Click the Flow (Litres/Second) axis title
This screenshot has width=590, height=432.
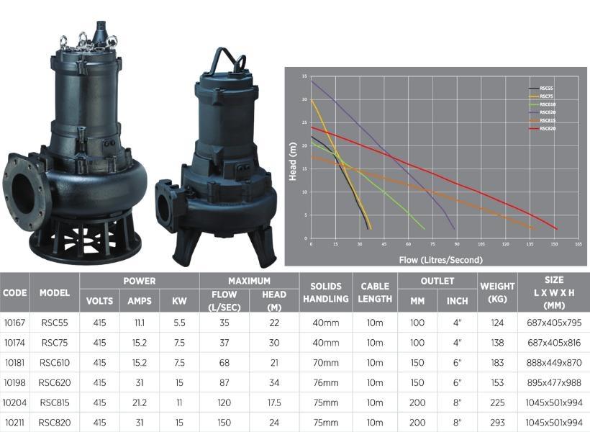pyautogui.click(x=440, y=259)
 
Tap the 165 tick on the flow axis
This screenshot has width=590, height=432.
pyautogui.click(x=578, y=244)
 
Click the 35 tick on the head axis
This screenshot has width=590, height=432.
pyautogui.click(x=305, y=76)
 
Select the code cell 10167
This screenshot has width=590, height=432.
pyautogui.click(x=15, y=323)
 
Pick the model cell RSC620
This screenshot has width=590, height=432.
pyautogui.click(x=55, y=382)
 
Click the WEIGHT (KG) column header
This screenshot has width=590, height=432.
pyautogui.click(x=497, y=292)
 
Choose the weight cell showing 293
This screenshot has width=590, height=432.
pyautogui.click(x=497, y=422)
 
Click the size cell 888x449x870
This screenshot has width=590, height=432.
pyautogui.click(x=554, y=362)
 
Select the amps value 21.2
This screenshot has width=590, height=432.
pyautogui.click(x=140, y=402)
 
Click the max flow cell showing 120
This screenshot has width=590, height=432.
pyautogui.click(x=224, y=402)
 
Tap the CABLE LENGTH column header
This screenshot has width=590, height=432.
pyautogui.click(x=375, y=292)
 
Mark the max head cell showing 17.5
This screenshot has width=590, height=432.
pyautogui.click(x=274, y=402)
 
